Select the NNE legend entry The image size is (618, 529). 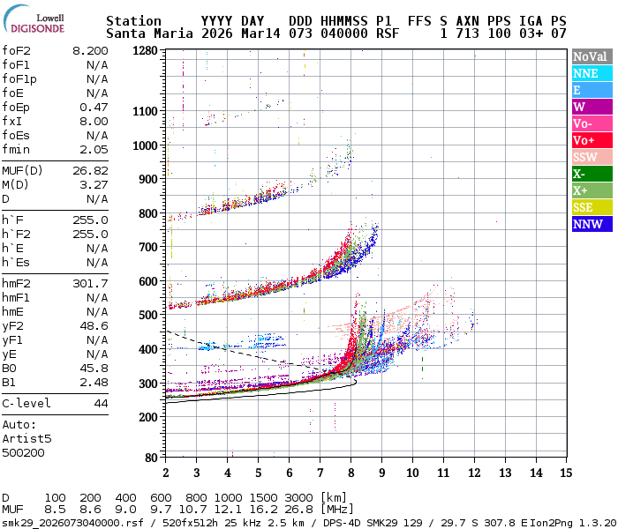590,73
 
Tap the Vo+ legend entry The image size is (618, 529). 590,140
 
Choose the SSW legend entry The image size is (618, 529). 590,157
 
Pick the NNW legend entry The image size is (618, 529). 590,224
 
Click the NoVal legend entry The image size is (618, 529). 590,56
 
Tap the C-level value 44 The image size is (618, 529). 101,403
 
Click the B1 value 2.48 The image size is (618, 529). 94,382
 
